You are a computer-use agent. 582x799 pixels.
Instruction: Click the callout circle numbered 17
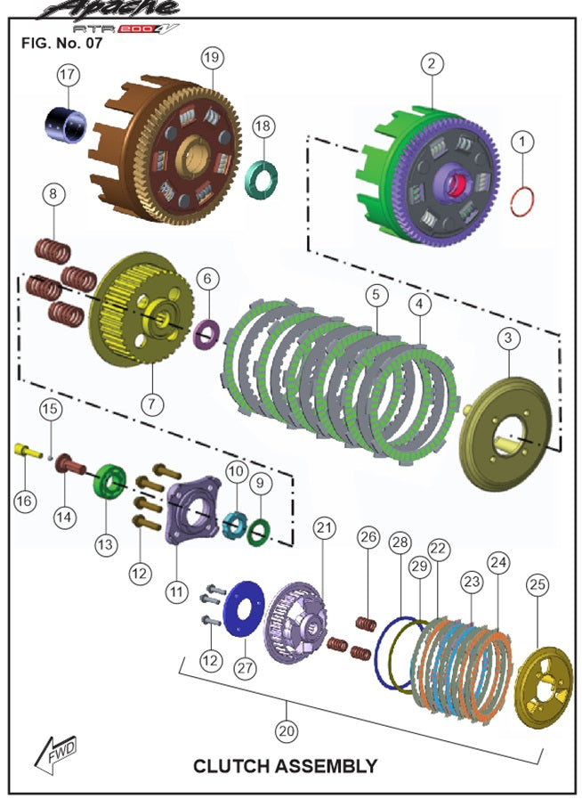click(68, 75)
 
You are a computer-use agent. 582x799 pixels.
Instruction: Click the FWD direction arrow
click(55, 754)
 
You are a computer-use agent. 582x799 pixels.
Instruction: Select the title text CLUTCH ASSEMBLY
click(285, 766)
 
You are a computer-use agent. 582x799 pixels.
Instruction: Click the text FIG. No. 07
click(61, 43)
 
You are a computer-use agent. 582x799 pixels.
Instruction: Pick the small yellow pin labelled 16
click(28, 451)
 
